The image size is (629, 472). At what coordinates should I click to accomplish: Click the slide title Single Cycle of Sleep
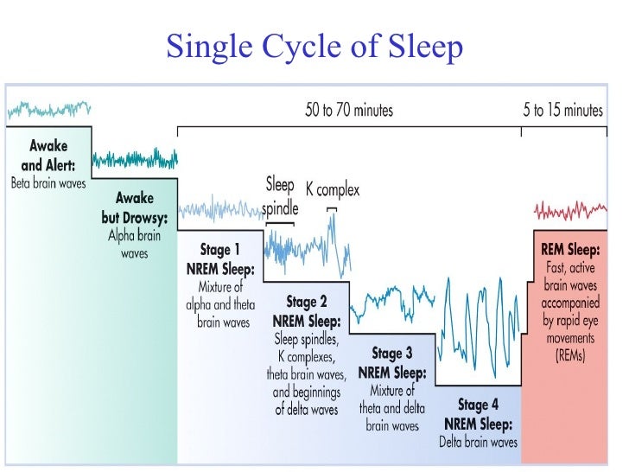(x=314, y=47)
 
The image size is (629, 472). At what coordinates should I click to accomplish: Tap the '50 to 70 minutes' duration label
(x=348, y=110)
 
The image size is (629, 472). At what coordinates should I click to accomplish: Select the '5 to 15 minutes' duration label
(x=562, y=110)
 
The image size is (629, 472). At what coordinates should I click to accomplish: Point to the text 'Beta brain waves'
(x=48, y=183)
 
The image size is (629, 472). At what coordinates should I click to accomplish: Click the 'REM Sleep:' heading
(x=570, y=251)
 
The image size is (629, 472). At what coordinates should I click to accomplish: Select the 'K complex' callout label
(x=333, y=189)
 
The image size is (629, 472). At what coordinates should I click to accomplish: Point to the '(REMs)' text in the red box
(x=570, y=354)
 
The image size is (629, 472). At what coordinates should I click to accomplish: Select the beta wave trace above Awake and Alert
(x=48, y=109)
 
